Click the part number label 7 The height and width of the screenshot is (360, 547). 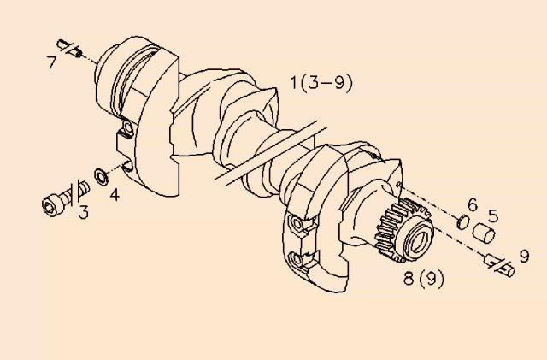pos(52,62)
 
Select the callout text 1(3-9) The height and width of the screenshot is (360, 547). pos(321,83)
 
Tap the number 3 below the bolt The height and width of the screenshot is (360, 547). pos(83,210)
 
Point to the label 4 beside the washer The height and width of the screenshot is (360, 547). pos(114,193)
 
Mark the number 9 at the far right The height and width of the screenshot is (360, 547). pos(524,255)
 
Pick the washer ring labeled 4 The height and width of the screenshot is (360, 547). pos(100,176)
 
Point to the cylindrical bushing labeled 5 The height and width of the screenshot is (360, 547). pos(486,232)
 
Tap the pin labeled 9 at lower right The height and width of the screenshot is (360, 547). pos(498,263)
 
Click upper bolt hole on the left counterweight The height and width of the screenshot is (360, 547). pos(126,131)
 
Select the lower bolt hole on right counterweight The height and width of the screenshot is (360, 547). pos(298,259)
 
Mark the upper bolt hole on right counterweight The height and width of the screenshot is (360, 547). pos(297,224)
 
